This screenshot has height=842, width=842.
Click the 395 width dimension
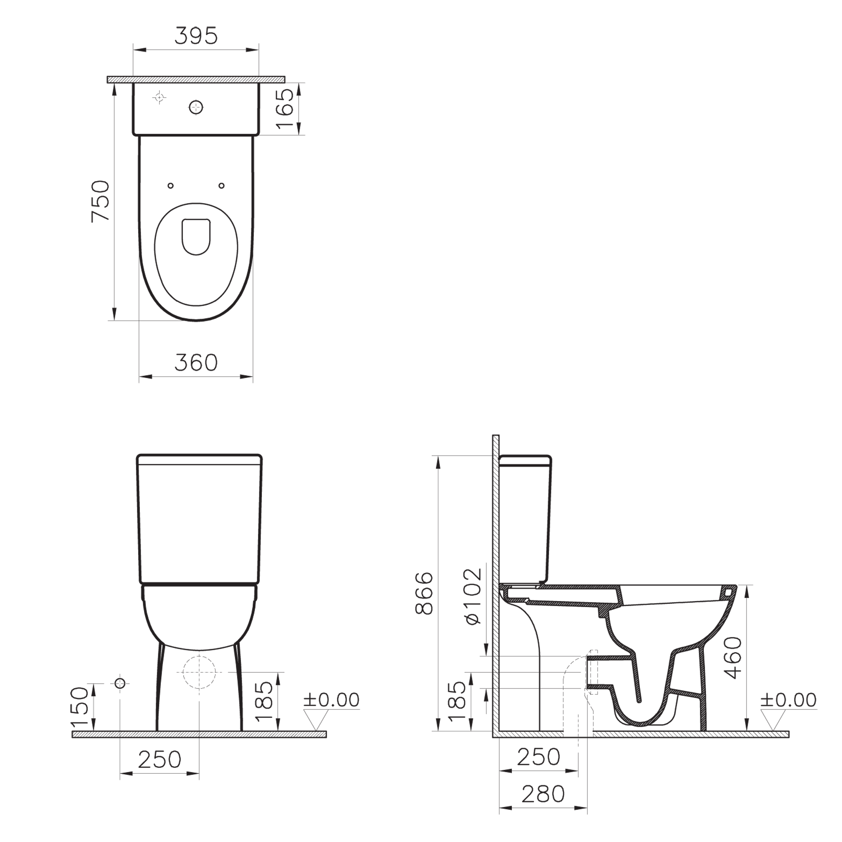[196, 36]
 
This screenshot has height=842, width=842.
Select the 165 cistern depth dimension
[285, 109]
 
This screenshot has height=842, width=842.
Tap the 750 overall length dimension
[100, 201]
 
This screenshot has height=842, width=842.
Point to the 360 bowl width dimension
[196, 362]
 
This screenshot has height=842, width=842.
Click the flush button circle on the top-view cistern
[197, 107]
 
